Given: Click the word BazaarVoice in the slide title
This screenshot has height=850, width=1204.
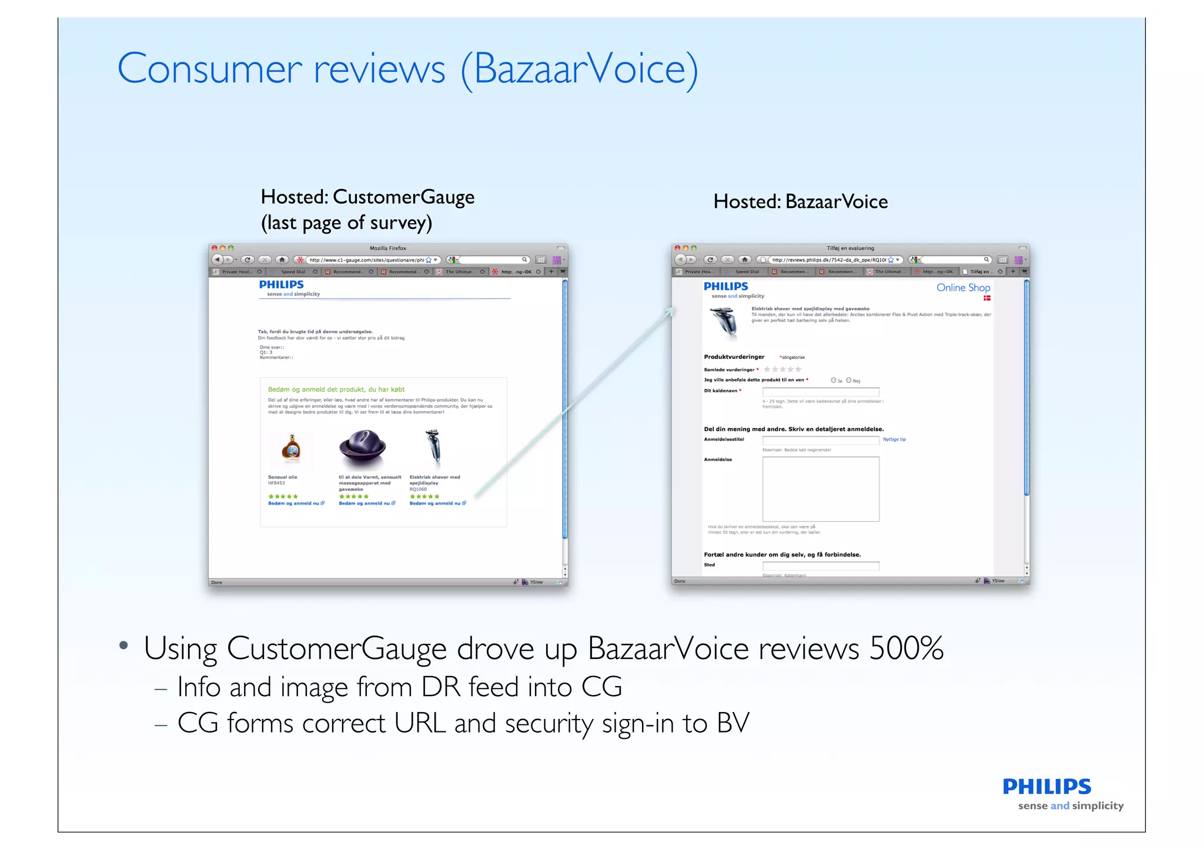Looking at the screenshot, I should coord(579,69).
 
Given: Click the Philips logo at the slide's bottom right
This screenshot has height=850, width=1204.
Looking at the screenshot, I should coord(1046,787).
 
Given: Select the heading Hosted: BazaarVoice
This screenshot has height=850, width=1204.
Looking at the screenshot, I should coord(800,202).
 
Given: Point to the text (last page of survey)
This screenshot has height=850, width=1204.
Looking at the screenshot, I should coord(346,223).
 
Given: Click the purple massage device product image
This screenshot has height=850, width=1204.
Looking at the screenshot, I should coord(362,449).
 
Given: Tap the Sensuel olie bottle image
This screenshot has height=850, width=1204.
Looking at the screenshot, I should coord(292,448).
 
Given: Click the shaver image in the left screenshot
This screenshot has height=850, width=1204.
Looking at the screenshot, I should coord(433,446).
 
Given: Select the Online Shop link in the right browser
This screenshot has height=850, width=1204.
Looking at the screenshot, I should coord(963,288).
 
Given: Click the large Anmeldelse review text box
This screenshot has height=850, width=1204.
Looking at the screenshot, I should coord(820,489).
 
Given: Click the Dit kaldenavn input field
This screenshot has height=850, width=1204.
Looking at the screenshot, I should coord(820,392).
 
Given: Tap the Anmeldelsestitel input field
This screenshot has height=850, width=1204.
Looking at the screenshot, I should coord(820,440).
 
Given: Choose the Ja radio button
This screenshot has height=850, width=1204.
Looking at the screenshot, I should coord(833,381).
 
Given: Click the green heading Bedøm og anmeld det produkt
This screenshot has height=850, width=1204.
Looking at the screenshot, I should coord(336,389).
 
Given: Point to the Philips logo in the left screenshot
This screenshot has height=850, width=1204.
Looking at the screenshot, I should coord(282,285).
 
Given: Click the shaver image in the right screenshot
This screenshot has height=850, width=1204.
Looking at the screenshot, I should coord(725,322).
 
